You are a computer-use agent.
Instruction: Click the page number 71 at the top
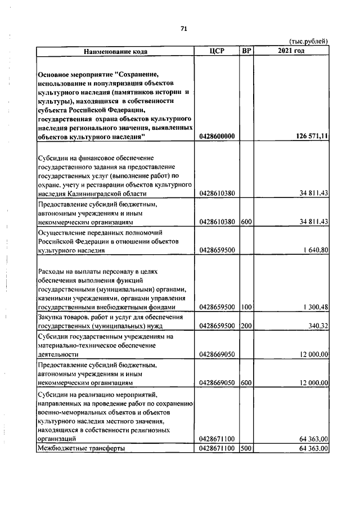tap(183, 29)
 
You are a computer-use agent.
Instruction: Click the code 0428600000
tap(217, 137)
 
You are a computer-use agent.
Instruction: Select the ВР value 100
tap(246, 307)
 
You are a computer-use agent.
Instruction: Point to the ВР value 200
tap(246, 326)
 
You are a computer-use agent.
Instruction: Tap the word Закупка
tap(52, 317)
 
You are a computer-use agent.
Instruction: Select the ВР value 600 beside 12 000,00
tap(246, 382)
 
